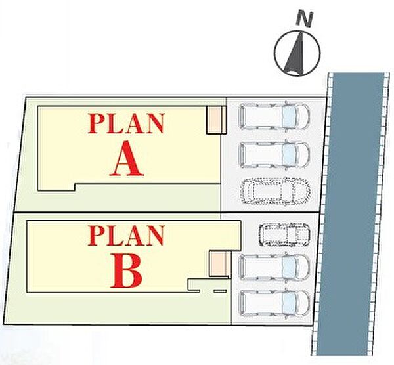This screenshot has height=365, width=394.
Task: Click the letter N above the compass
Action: click(304, 19)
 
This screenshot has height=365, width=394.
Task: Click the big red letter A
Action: click(127, 158)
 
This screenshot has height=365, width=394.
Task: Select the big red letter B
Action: click(126, 270)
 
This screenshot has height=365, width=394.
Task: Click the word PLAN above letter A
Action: click(126, 123)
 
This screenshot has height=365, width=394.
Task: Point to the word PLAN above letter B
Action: click(126, 235)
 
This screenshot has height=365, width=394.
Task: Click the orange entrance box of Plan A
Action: click(214, 119)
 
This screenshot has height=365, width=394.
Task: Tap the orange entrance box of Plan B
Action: click(219, 264)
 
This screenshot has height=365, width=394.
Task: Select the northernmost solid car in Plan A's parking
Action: click(274, 116)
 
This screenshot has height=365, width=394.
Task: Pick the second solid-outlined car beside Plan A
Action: click(274, 155)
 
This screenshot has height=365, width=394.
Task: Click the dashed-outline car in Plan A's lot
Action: click(275, 191)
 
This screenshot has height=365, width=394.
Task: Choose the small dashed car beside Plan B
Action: click(284, 234)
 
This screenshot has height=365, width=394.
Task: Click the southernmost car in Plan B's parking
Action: click(274, 303)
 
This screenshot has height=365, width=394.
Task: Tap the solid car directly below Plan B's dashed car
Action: click(274, 267)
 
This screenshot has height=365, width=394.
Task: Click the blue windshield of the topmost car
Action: click(288, 116)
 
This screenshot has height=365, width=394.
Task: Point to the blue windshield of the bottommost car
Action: click(288, 303)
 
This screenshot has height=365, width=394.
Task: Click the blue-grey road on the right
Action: click(355, 213)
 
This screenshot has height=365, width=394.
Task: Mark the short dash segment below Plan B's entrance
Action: click(220, 291)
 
